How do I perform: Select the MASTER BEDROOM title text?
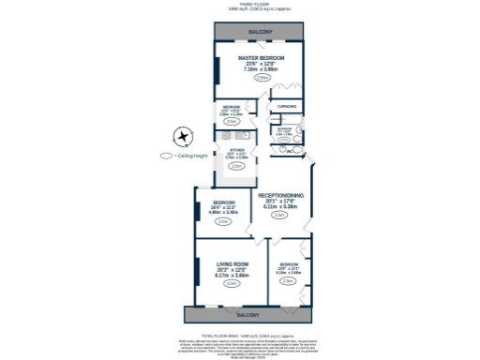(261, 58)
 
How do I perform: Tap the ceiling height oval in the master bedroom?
(262, 78)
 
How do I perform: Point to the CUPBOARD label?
(287, 106)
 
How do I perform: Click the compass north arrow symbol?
(182, 137)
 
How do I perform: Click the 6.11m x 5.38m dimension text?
(279, 206)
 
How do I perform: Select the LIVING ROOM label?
(231, 264)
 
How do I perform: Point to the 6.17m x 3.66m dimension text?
(231, 276)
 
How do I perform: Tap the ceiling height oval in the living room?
(231, 284)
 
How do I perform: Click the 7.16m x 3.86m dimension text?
(262, 69)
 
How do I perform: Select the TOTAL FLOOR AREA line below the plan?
(246, 333)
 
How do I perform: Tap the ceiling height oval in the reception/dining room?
(279, 216)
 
